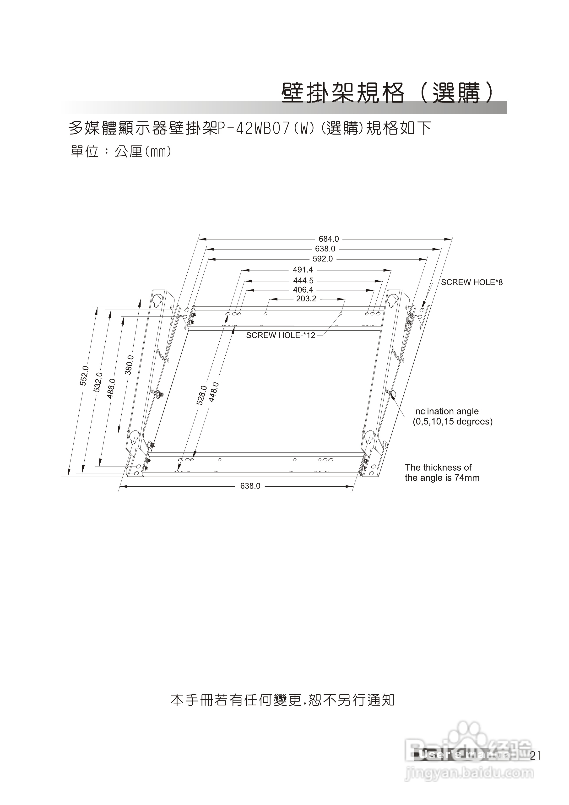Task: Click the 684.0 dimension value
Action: click(329, 239)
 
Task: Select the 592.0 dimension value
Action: click(323, 259)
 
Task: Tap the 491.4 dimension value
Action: click(303, 270)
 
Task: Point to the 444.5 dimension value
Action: click(303, 281)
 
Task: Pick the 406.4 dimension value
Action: click(303, 290)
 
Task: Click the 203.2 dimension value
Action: click(306, 299)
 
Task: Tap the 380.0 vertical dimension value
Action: click(129, 365)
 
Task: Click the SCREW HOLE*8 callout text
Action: click(471, 283)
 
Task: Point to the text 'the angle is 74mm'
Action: click(442, 478)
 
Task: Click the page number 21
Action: click(536, 756)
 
